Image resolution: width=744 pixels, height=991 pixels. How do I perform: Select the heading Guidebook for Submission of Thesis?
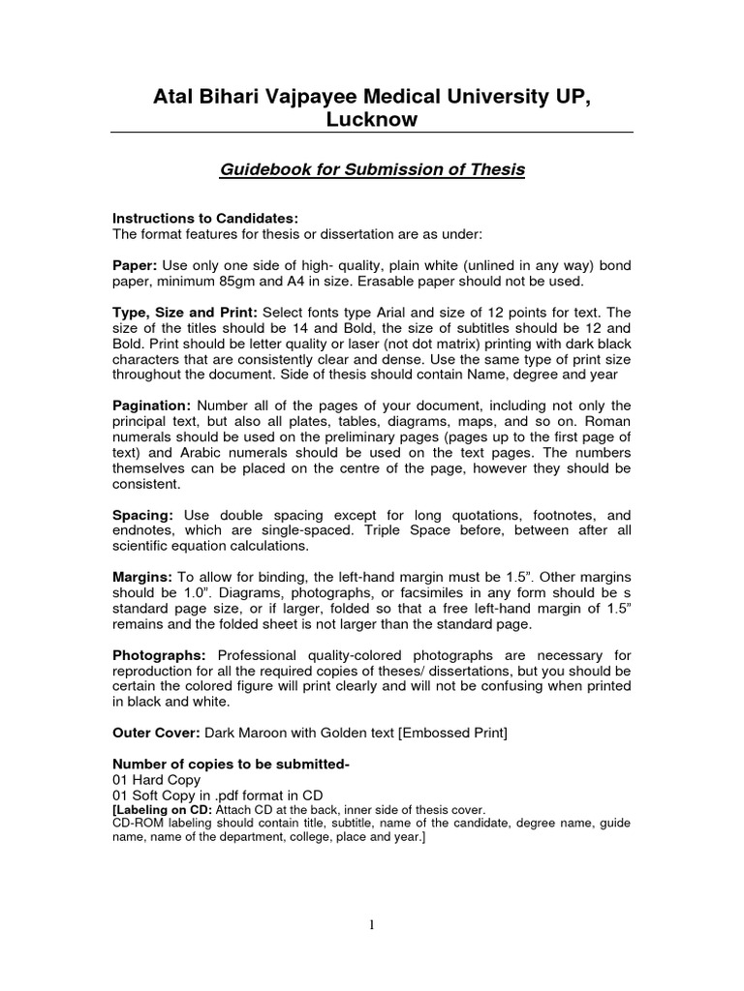point(371,169)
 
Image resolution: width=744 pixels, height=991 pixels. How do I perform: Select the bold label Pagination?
point(151,405)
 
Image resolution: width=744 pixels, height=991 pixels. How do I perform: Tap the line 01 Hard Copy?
point(157,780)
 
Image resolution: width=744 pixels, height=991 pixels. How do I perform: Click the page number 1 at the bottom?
point(373,925)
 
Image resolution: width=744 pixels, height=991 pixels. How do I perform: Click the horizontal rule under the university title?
point(371,131)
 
